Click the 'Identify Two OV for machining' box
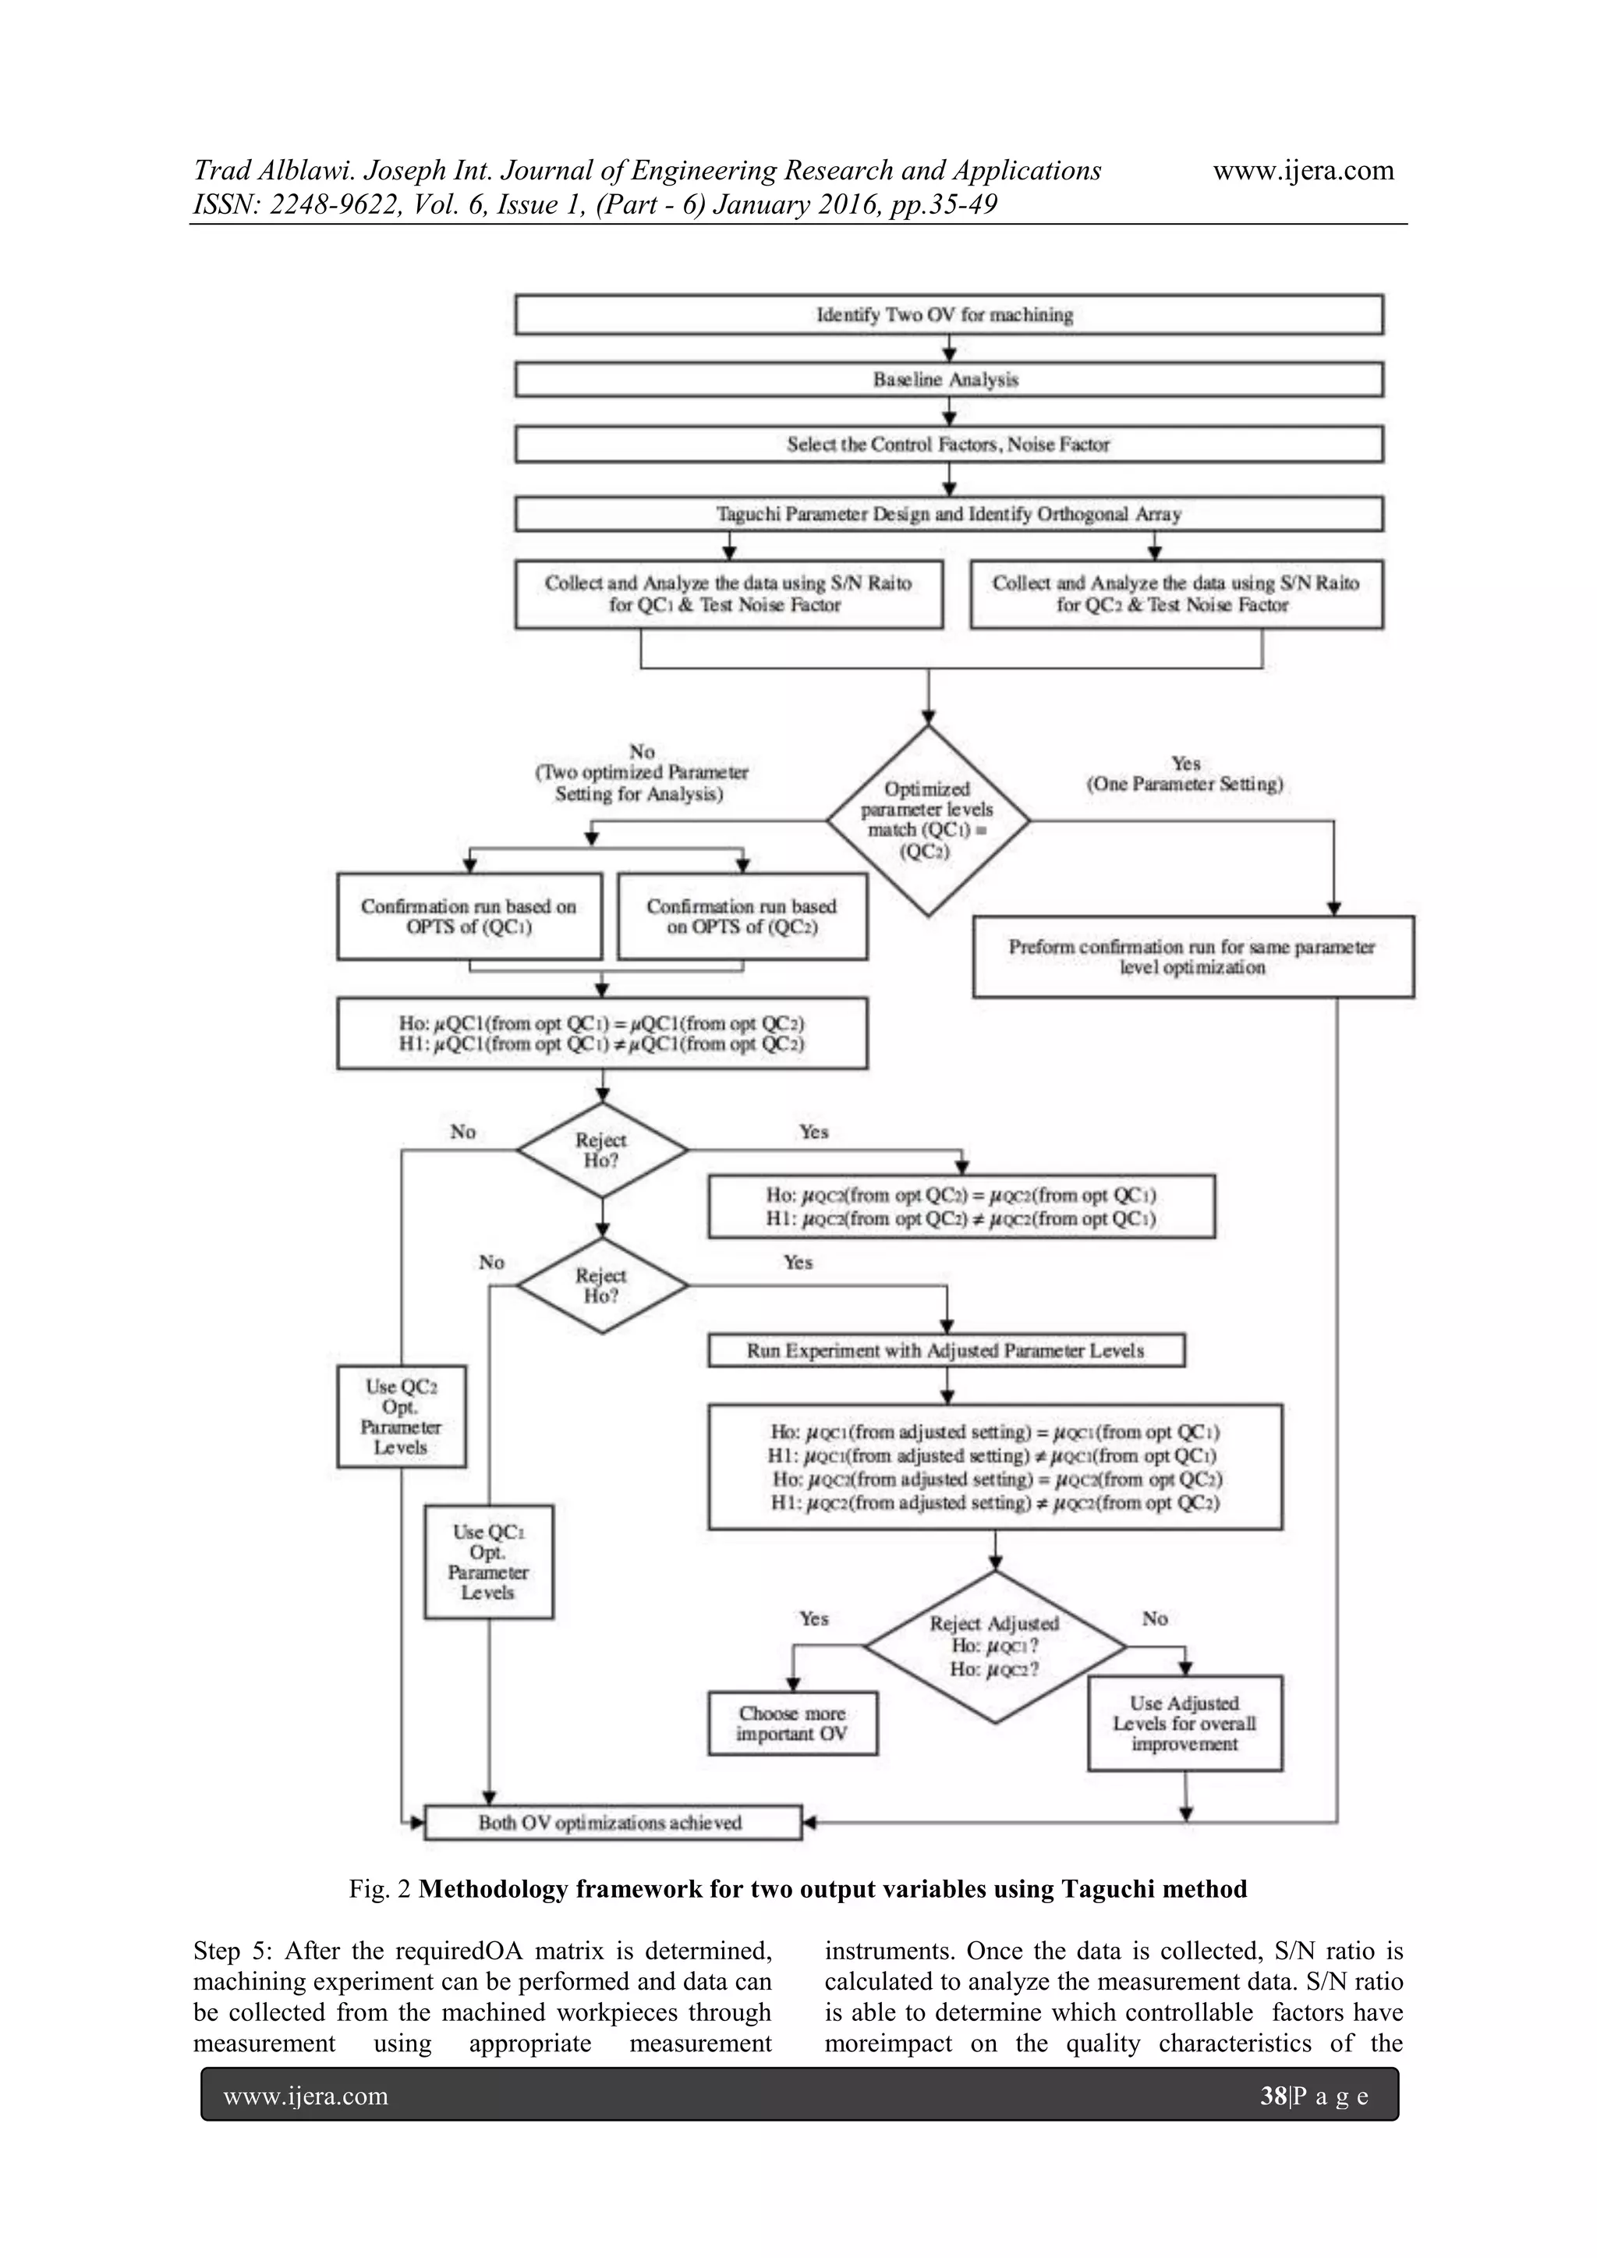tap(948, 314)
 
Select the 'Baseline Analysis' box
tap(948, 380)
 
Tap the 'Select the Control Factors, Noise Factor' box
tap(948, 445)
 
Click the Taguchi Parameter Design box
tap(948, 514)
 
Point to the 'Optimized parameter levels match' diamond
tap(927, 821)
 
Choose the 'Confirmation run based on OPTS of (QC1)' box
tap(469, 916)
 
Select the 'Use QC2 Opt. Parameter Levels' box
tap(402, 1416)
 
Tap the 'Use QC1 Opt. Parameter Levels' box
tap(489, 1561)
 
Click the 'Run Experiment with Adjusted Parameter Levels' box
tap(946, 1350)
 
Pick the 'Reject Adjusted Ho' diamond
tap(994, 1647)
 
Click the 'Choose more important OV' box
tap(792, 1724)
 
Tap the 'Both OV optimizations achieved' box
tap(611, 1822)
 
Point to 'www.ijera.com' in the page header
tap(1303, 170)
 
